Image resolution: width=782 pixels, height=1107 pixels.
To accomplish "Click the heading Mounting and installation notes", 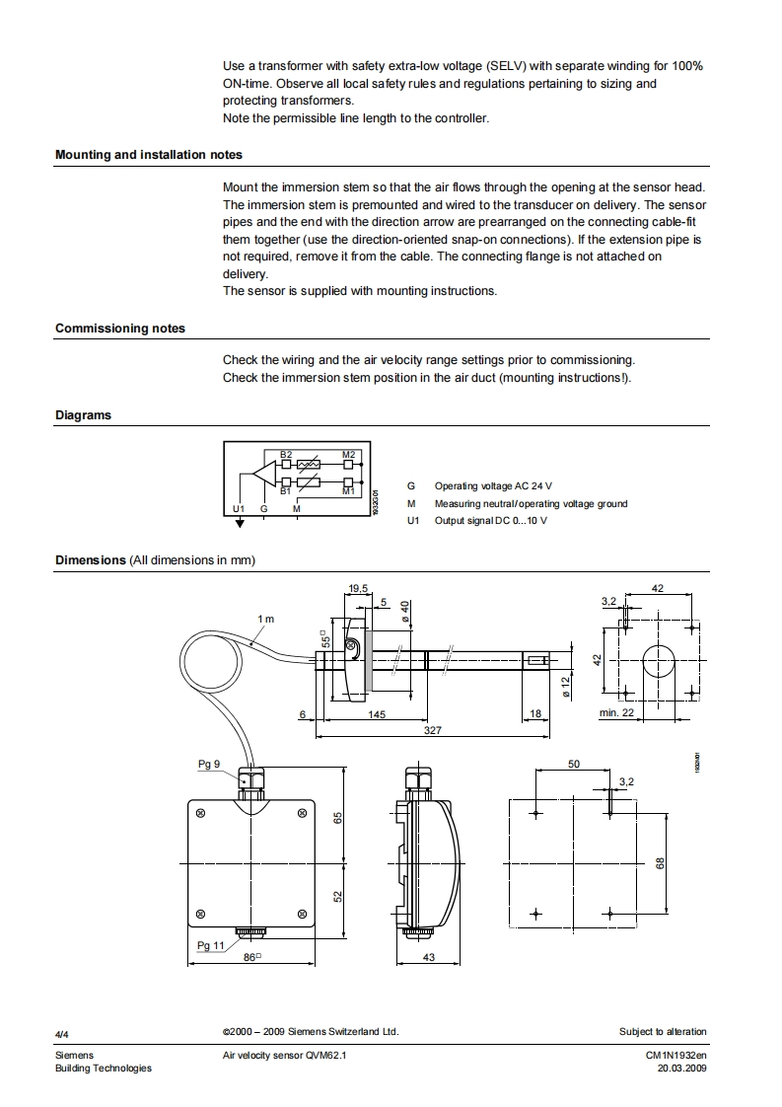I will click(149, 155).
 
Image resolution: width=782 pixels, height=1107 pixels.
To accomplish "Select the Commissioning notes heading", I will click(120, 329).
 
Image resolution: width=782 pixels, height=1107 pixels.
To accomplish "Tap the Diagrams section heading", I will click(83, 415).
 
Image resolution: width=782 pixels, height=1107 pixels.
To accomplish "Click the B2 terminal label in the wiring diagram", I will click(286, 454).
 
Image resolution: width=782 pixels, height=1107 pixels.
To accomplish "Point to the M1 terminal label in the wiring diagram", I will click(348, 489).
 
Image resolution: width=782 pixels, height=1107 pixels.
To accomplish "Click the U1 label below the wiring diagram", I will click(238, 509).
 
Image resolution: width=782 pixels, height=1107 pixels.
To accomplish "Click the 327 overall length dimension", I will click(433, 731).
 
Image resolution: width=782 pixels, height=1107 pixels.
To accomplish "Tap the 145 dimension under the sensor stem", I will click(377, 714).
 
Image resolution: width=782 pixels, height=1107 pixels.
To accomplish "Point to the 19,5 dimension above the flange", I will click(358, 589).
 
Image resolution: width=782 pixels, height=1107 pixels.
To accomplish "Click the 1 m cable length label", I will click(266, 619).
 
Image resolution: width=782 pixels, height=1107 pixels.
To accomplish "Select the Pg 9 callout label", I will click(209, 764).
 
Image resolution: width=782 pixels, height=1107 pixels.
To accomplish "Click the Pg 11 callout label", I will click(211, 945).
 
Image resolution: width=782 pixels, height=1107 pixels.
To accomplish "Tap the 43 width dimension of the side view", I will click(428, 957).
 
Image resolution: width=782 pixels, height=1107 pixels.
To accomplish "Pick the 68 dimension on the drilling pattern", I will click(661, 862).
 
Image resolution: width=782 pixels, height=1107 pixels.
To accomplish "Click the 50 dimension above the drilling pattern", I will click(574, 764).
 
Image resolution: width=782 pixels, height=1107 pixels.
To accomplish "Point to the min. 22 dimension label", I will click(616, 713).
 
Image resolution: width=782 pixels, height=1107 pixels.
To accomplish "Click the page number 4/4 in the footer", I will click(62, 1033).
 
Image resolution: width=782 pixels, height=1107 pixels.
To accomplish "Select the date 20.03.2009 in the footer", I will click(682, 1069).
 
